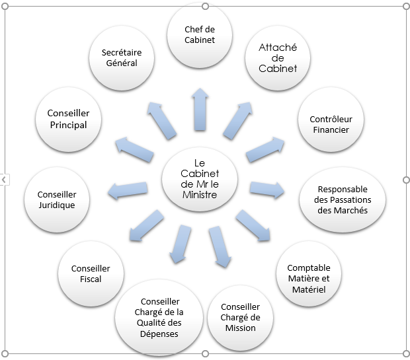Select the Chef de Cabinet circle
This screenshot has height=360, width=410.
200,35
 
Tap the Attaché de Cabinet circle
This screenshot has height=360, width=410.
278,58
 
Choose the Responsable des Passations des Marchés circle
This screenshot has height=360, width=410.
344,199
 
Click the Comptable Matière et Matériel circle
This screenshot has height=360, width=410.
308,278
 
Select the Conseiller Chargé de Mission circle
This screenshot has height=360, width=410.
239,317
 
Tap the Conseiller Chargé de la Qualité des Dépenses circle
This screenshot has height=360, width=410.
160,318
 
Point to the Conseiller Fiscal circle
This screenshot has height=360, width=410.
91,274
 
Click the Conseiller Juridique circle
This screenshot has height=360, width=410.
56,199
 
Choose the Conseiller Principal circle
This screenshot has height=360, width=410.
67,120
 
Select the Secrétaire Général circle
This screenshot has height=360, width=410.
121,57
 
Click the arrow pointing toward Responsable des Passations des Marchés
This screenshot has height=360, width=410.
267,190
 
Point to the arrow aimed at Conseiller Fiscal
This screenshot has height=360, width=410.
146,225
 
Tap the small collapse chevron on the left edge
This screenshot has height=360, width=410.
3,179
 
